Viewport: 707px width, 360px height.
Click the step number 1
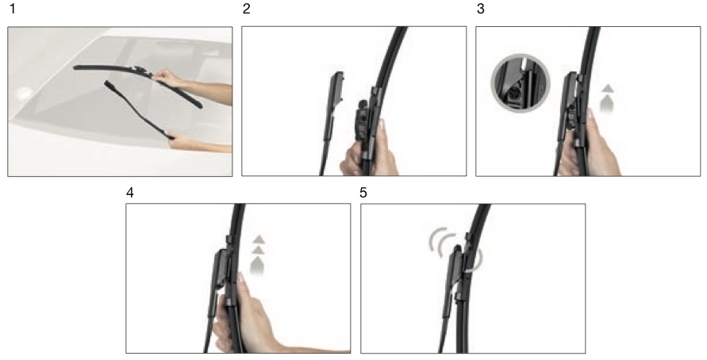(x=12, y=9)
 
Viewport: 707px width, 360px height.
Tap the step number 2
(x=246, y=9)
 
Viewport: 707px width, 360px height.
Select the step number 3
(x=481, y=9)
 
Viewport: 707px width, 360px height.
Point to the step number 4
(x=130, y=193)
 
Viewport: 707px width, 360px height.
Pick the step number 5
(x=363, y=193)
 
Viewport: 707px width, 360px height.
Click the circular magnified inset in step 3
(x=521, y=83)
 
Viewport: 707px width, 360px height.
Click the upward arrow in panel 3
(x=607, y=99)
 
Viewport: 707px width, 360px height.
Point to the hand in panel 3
(x=590, y=147)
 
